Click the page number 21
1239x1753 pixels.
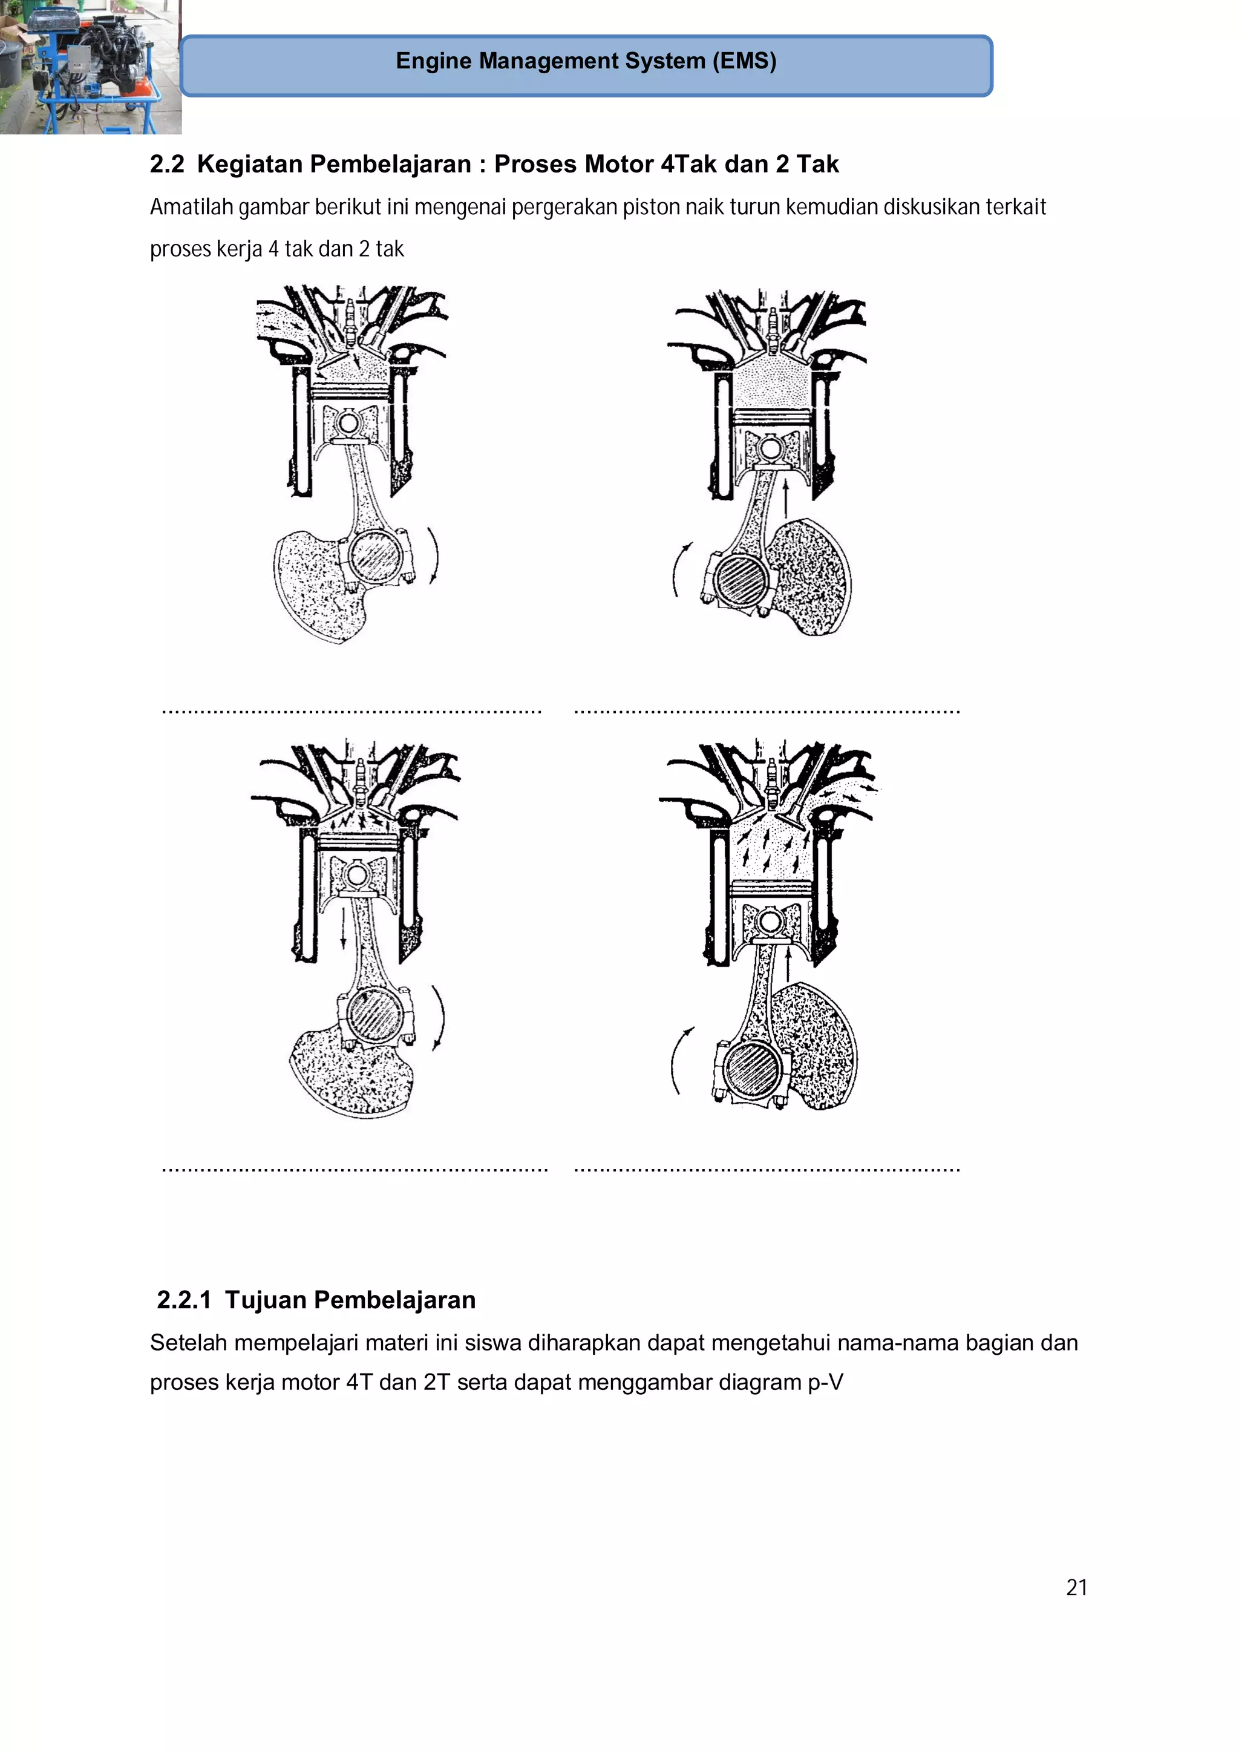pos(1076,1587)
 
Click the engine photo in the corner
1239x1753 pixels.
pos(90,67)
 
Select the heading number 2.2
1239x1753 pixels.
pos(167,164)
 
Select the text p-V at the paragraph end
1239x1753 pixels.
pos(825,1383)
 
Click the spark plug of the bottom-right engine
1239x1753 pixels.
pos(772,779)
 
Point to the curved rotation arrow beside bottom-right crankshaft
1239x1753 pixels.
pos(679,1060)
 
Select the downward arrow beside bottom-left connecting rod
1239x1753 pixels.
pos(344,928)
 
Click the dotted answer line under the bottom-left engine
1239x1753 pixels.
pos(355,1170)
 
